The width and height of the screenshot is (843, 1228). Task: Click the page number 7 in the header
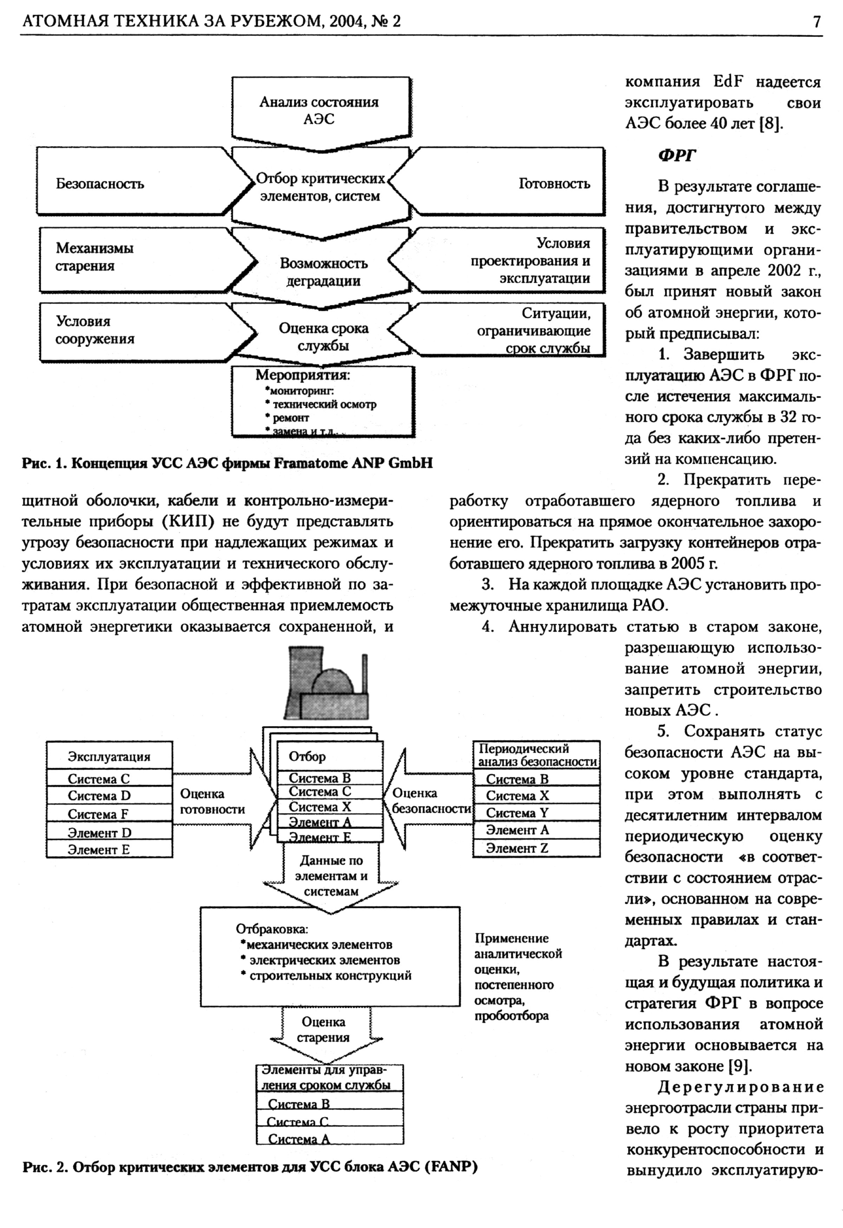[x=817, y=22]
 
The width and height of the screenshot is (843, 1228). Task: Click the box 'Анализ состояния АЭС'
[x=319, y=110]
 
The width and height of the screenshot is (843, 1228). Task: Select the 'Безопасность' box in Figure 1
[x=100, y=183]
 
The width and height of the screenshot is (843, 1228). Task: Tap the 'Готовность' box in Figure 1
[x=554, y=183]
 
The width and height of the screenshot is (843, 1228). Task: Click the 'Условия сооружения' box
[x=95, y=330]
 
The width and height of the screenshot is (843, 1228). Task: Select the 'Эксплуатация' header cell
[x=109, y=757]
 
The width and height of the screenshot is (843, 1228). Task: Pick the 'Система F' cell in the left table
[x=98, y=814]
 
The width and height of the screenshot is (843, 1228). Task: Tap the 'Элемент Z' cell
[x=517, y=848]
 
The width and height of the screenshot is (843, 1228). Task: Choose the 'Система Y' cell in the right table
[x=517, y=813]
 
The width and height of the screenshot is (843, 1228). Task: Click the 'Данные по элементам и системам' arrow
[x=331, y=876]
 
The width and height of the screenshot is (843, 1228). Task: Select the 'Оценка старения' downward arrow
[x=324, y=1030]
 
